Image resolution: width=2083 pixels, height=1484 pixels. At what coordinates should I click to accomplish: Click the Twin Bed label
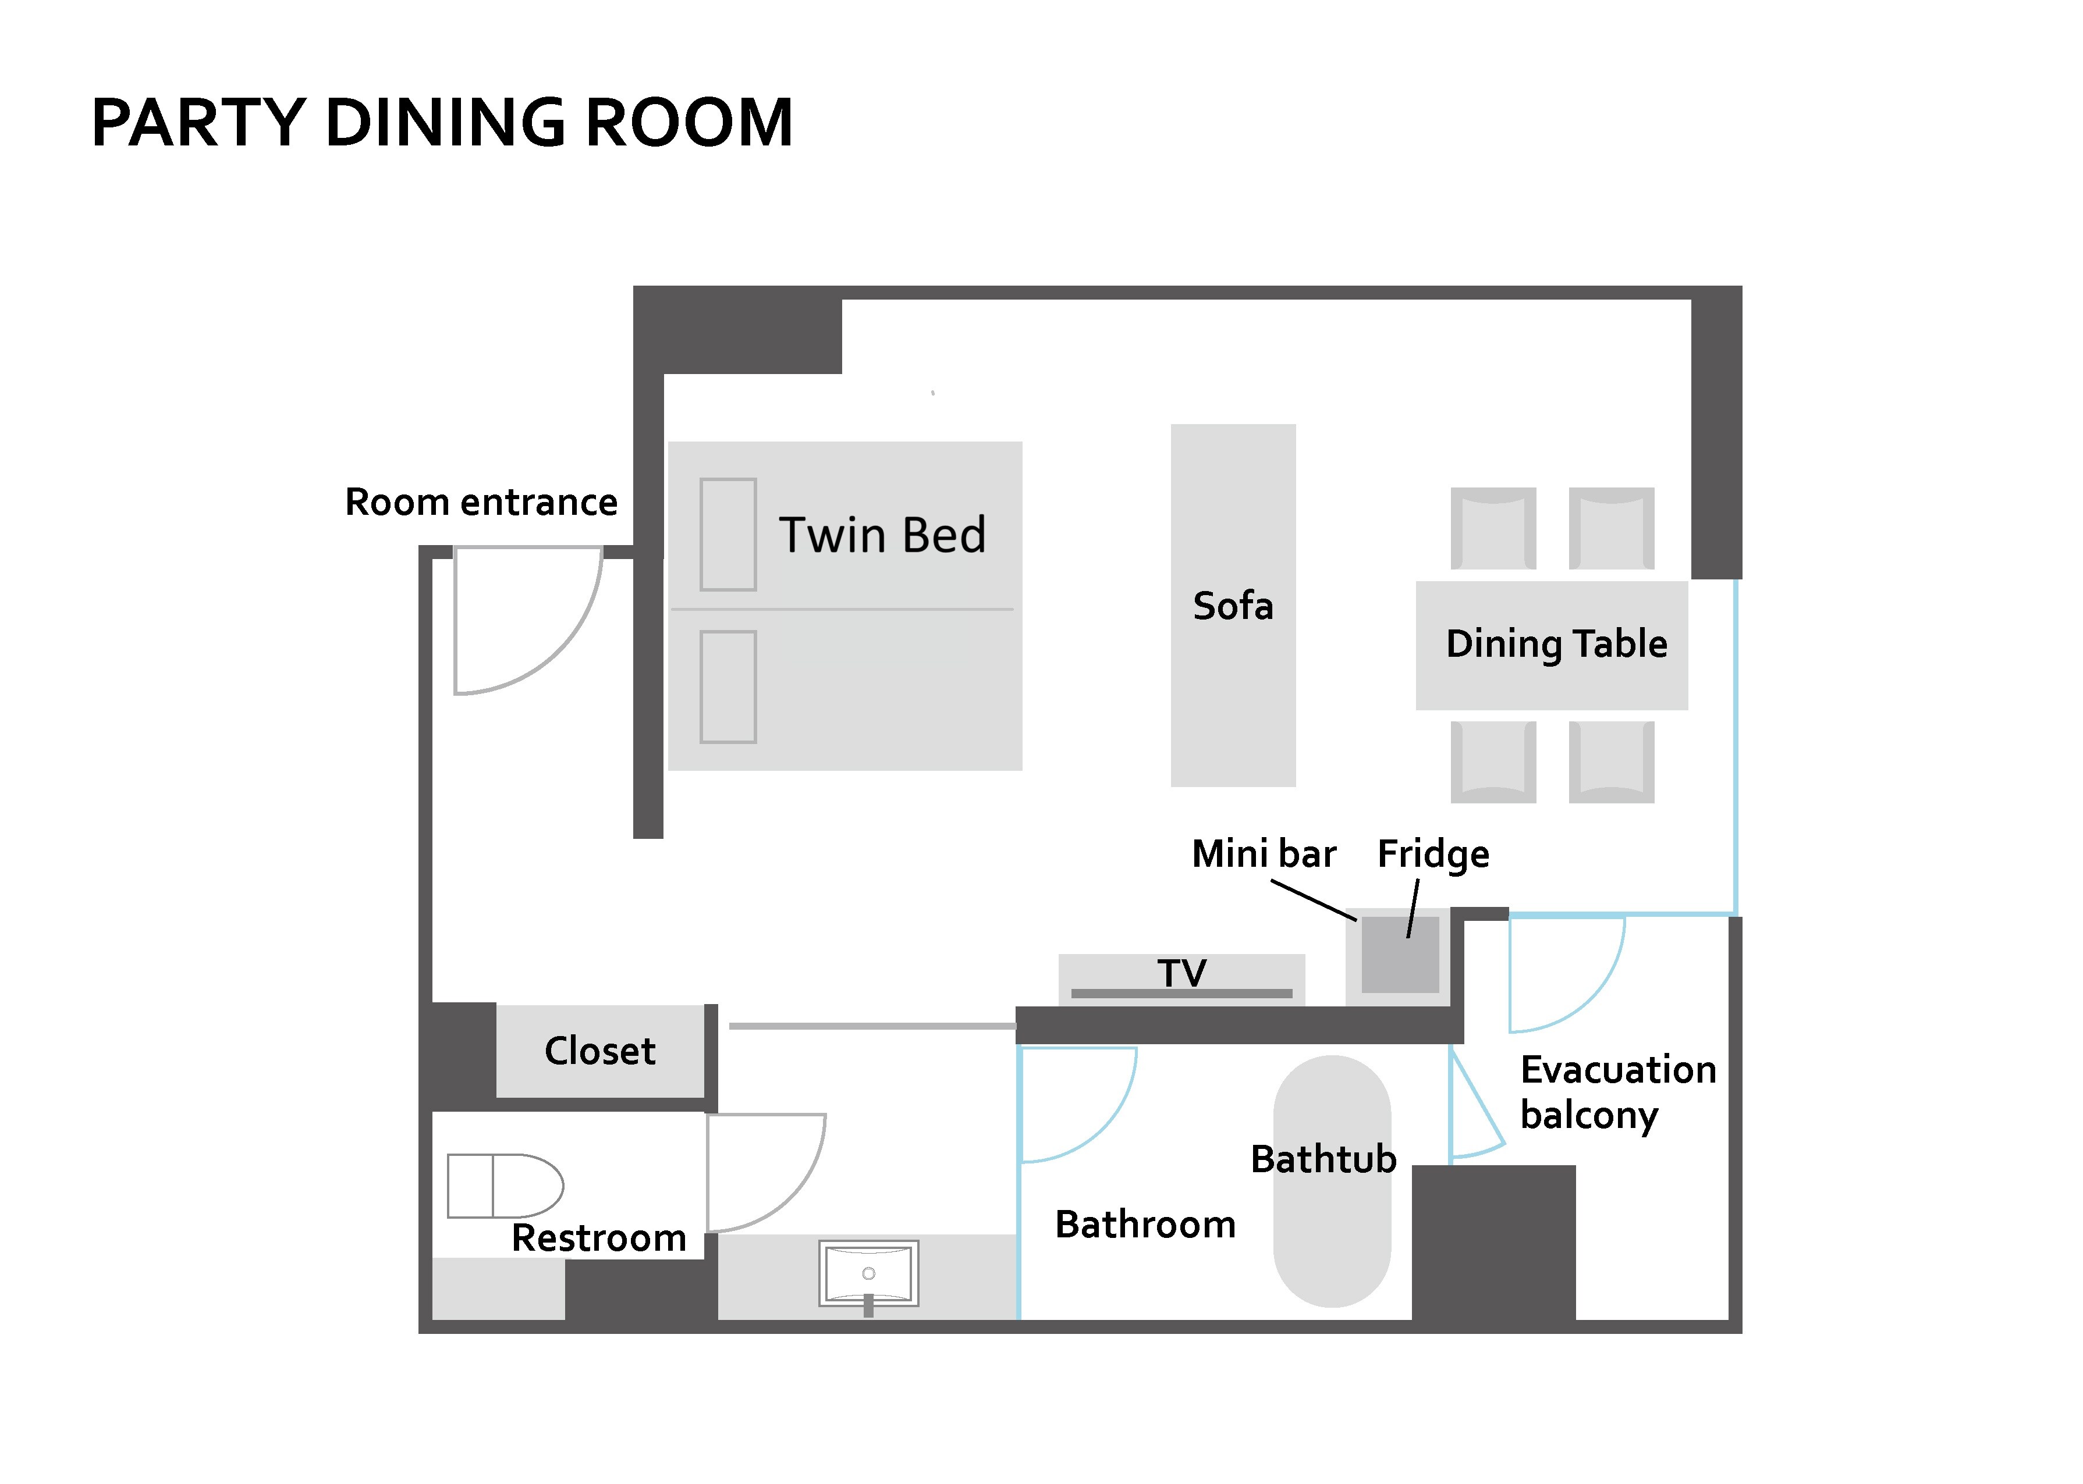pos(882,535)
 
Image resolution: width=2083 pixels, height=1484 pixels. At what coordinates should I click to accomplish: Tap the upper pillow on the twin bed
pos(728,535)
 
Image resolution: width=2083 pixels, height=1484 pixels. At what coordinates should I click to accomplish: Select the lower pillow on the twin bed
pos(728,686)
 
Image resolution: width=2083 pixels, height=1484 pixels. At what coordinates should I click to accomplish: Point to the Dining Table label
pos(1556,644)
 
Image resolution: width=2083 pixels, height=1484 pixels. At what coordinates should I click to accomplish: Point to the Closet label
pos(599,1051)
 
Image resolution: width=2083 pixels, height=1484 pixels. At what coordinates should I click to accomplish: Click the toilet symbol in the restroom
pos(505,1185)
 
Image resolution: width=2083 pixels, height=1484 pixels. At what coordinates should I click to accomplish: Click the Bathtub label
pos(1322,1159)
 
